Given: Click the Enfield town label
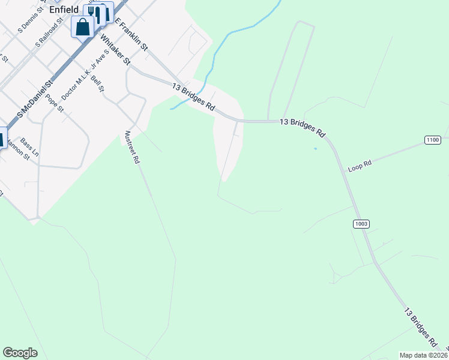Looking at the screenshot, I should pos(64,10).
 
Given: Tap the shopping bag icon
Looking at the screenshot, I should pos(82,26).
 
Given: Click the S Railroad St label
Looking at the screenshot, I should pos(49,33).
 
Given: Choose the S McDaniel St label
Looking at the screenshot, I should pos(35,96).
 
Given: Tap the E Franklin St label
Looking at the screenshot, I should pos(131,34).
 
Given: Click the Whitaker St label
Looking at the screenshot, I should pos(115,50).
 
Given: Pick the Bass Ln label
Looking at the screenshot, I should pos(29,148).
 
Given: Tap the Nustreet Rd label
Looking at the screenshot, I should pos(132,148).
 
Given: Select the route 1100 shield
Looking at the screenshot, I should pos(433,140).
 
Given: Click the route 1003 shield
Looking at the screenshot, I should pos(361,224).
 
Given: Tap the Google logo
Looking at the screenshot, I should pos(20,353).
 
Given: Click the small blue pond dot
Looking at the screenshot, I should pos(315,149).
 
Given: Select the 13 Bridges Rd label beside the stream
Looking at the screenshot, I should pos(193,97).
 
